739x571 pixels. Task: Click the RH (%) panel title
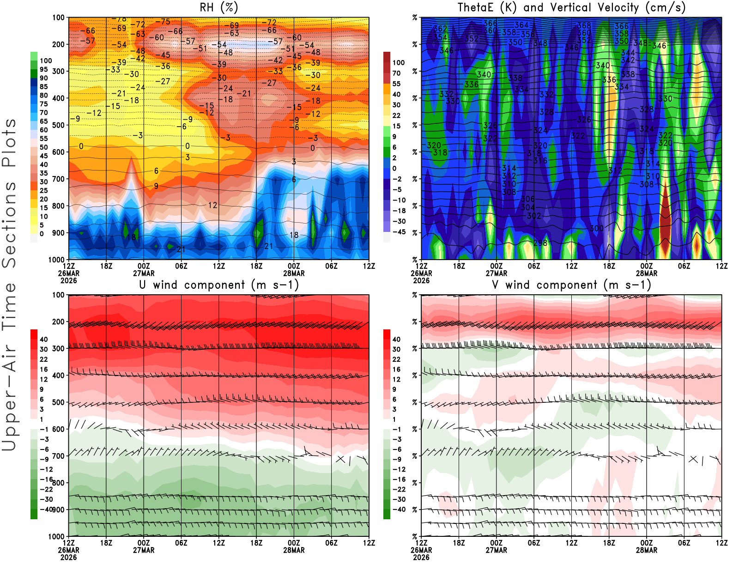(x=218, y=7)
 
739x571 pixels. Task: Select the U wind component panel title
(x=219, y=285)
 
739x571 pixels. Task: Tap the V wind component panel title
(x=571, y=285)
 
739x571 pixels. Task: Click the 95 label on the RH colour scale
(x=43, y=69)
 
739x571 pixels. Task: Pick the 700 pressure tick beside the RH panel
(x=58, y=179)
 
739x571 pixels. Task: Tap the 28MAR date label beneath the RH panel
(x=294, y=273)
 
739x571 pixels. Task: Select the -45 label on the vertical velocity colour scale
(x=399, y=232)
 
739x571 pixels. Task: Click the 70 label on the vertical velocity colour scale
(x=396, y=73)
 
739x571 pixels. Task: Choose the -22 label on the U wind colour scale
(x=46, y=489)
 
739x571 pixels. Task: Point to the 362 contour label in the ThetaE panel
(x=440, y=29)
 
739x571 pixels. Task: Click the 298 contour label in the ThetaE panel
(x=540, y=243)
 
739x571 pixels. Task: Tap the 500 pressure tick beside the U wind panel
(x=58, y=402)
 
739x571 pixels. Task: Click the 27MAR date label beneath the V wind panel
(x=496, y=550)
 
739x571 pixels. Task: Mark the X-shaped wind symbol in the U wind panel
(x=340, y=459)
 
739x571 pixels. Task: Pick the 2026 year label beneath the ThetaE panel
(x=421, y=280)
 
